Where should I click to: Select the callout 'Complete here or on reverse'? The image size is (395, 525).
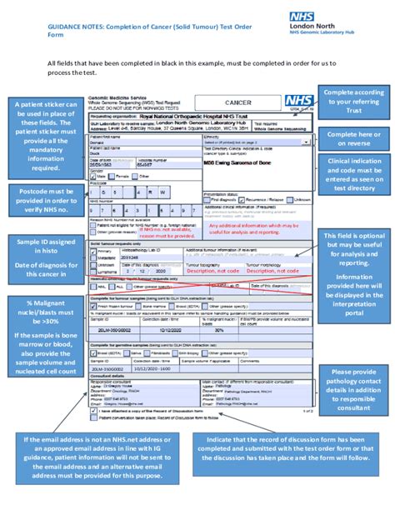pos(354,137)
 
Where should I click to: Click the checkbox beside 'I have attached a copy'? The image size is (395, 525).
pos(92,410)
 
